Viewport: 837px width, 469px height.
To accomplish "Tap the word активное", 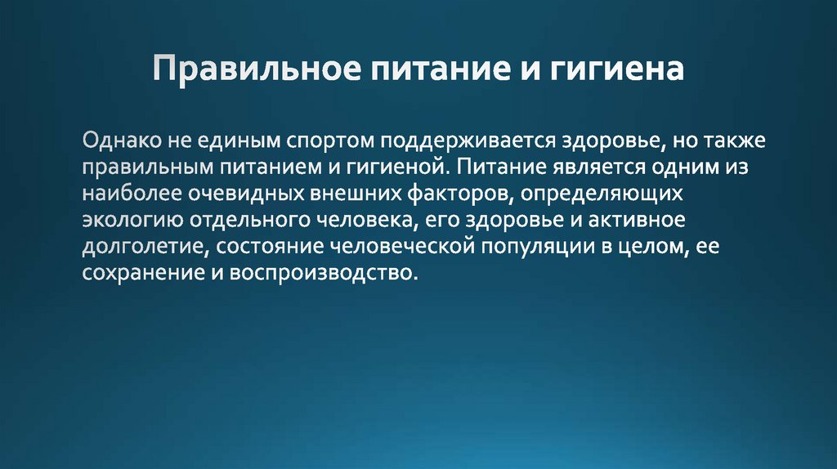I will click(645, 221).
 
